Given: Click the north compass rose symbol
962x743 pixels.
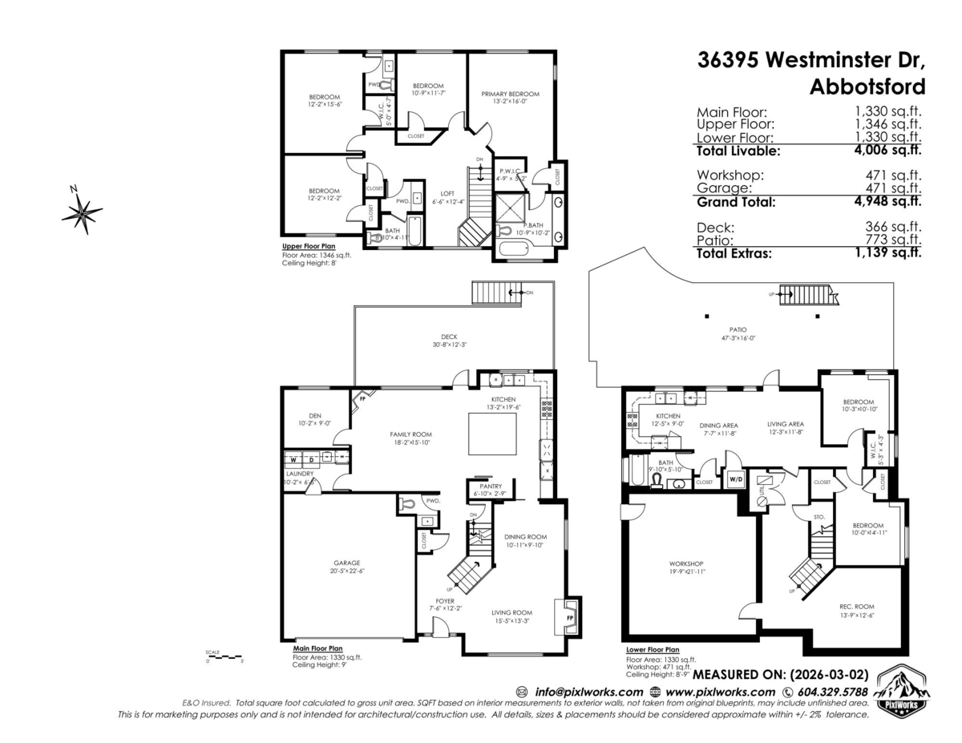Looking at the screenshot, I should (82, 212).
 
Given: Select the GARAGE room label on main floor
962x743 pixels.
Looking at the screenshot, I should (347, 563).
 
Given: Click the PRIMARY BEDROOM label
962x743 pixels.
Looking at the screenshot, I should (511, 94).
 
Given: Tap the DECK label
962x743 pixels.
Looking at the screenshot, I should (450, 337).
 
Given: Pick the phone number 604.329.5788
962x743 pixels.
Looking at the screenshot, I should (832, 692).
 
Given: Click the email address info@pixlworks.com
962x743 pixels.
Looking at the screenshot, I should (588, 692).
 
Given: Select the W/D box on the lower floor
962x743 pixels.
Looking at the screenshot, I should (734, 479).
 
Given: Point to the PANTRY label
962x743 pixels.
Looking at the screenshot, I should (490, 486).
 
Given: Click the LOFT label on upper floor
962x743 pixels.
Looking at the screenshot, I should (447, 193).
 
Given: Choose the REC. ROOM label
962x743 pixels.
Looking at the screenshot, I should (858, 606).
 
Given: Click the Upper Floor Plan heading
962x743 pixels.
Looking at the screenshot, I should (309, 247).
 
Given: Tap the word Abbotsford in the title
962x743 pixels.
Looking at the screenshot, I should (867, 86).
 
